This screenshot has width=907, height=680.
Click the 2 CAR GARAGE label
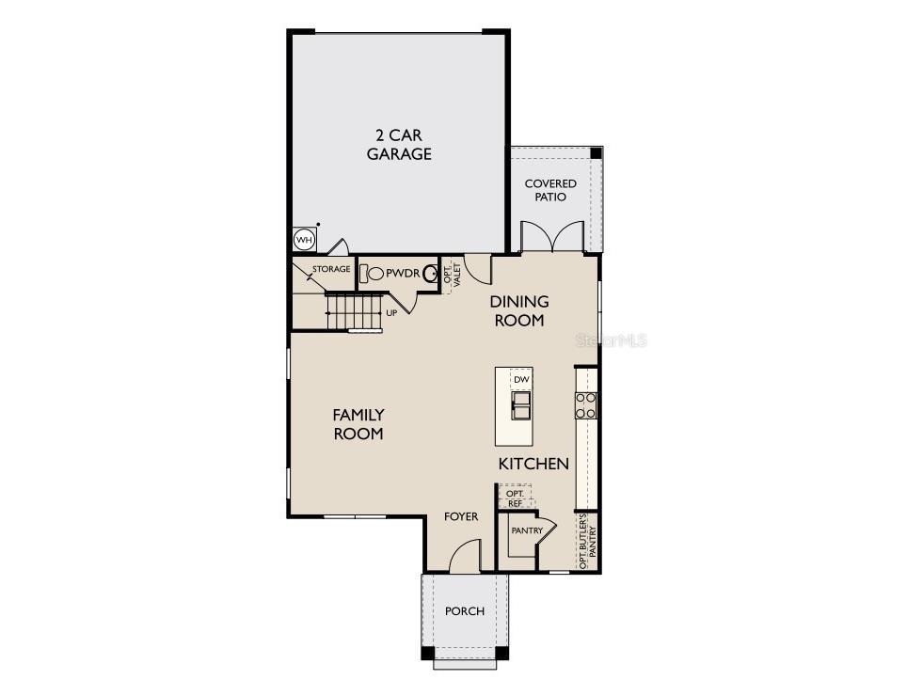point(399,144)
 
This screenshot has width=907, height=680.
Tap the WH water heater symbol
point(303,240)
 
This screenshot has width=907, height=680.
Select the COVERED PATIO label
point(550,190)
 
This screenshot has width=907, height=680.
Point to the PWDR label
point(401,273)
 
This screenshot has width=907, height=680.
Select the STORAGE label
point(331,270)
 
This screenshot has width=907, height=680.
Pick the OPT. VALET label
point(452,276)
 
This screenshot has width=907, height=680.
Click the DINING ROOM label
point(518,310)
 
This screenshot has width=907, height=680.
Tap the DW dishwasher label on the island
point(521,379)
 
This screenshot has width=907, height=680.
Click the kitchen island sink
point(520,405)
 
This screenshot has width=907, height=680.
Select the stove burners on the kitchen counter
point(586,405)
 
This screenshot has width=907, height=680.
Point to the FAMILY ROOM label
point(358,424)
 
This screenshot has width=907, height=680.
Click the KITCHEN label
point(533,464)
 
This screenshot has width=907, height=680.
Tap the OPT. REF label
point(515,498)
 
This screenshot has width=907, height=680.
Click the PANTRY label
point(527,530)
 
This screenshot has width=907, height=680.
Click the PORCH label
point(465,611)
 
